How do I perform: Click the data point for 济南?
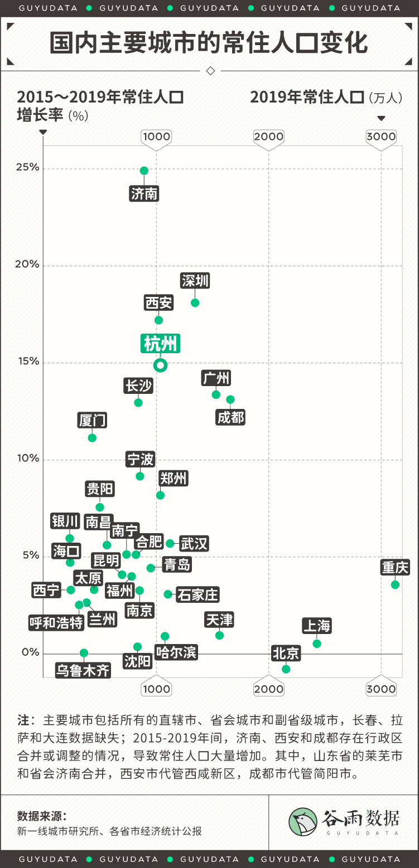pyautogui.click(x=144, y=170)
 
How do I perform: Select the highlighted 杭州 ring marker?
pyautogui.click(x=161, y=365)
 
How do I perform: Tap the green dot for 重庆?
pyautogui.click(x=395, y=584)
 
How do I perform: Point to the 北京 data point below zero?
pyautogui.click(x=286, y=669)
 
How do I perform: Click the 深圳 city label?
pyautogui.click(x=195, y=281)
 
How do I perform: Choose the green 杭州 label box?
pyautogui.click(x=161, y=344)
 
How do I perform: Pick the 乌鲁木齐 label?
pyautogui.click(x=83, y=670)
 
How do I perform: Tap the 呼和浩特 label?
pyautogui.click(x=56, y=622)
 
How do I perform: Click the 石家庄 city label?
pyautogui.click(x=198, y=594)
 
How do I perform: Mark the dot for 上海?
pyautogui.click(x=317, y=643)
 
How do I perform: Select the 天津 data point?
pyautogui.click(x=219, y=635)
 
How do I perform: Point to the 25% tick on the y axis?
pyautogui.click(x=27, y=168)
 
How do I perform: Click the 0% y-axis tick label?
pyautogui.click(x=30, y=652)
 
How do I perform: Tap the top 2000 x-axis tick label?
pyautogui.click(x=269, y=136)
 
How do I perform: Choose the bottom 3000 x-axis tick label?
pyautogui.click(x=381, y=689)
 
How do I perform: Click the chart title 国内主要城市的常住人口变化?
pyautogui.click(x=209, y=43)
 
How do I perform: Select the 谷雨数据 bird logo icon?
pyautogui.click(x=303, y=822)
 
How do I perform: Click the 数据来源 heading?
pyautogui.click(x=42, y=816)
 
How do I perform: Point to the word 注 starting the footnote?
pyautogui.click(x=23, y=720)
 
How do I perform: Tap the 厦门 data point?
pyautogui.click(x=92, y=438)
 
